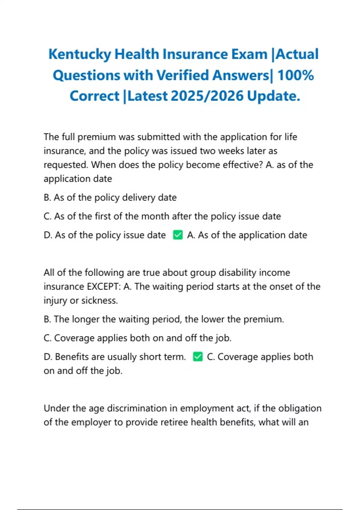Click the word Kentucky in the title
tap(79, 55)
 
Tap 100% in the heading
tap(295, 75)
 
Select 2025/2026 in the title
tap(207, 96)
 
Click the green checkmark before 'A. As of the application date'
tap(178, 235)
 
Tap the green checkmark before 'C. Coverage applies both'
tap(198, 357)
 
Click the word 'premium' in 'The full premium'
tap(97, 137)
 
